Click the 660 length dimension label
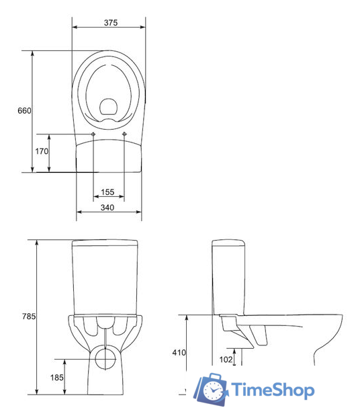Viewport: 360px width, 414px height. (24, 110)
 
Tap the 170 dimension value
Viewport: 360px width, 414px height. (42, 152)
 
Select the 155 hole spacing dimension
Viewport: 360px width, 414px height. (107, 192)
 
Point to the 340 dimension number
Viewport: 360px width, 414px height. (107, 208)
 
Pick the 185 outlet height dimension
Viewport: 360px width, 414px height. (56, 378)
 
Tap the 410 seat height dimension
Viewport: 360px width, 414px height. (179, 352)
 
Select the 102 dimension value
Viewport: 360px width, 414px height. (226, 360)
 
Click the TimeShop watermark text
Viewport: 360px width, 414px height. (273, 390)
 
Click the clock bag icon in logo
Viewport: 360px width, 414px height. (212, 390)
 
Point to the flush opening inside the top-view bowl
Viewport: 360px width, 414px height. (107, 106)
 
